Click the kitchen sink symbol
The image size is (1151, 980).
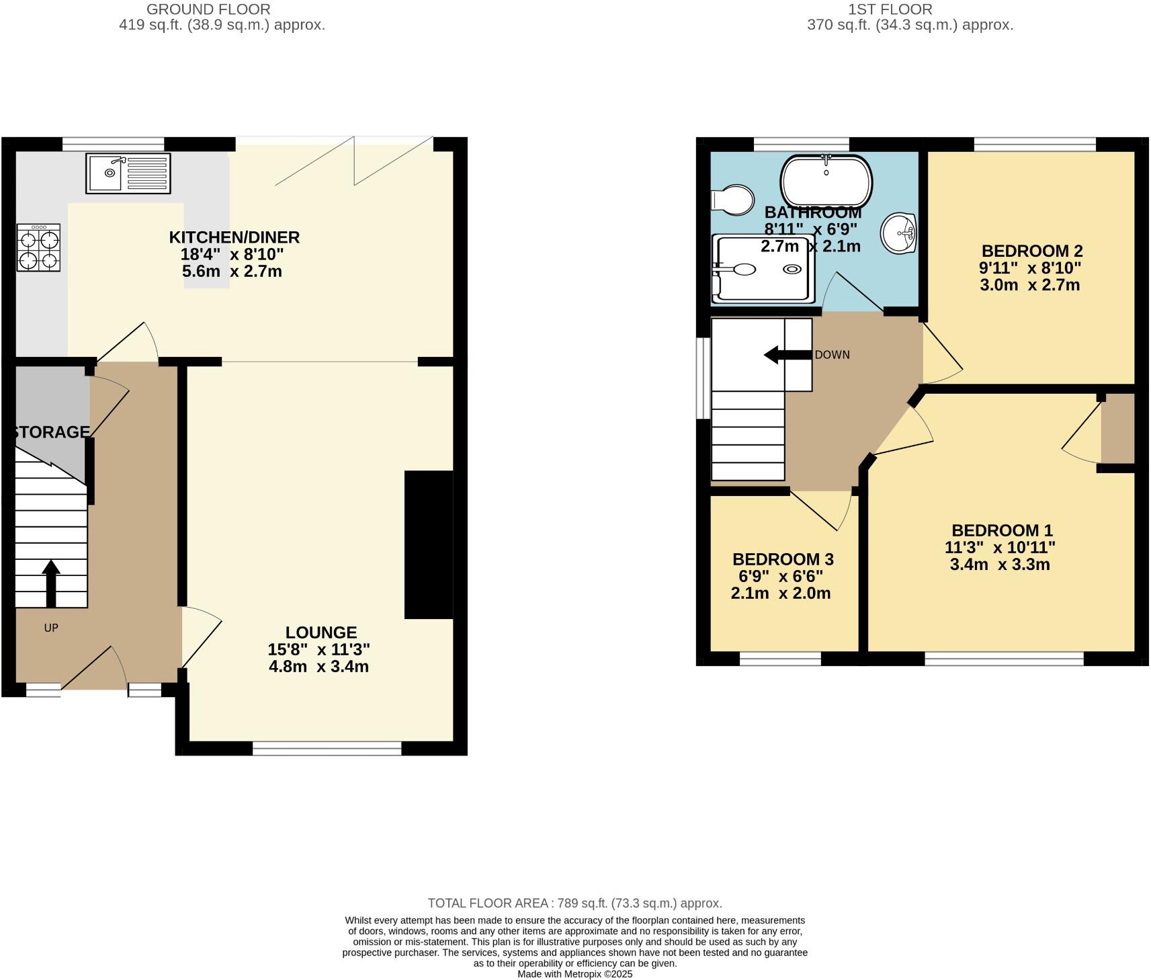[128, 172]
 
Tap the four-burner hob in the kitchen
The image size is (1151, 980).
[38, 247]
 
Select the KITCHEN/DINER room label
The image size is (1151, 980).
[234, 237]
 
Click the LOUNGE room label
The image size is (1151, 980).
[321, 632]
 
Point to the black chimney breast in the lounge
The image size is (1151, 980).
[428, 544]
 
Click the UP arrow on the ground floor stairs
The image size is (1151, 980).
[51, 583]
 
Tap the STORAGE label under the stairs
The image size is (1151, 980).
[51, 432]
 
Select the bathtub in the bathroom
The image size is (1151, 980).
[826, 181]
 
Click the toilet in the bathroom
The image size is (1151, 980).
[733, 200]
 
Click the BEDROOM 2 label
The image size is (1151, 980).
[1031, 251]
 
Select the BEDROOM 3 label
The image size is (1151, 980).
[783, 559]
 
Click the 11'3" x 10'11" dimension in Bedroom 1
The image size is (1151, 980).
[999, 548]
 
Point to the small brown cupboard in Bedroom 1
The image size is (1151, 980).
[1117, 428]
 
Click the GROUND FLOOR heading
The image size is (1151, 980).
[208, 9]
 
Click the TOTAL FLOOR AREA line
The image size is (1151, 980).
[574, 903]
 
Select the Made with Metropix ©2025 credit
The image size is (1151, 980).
[574, 973]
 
